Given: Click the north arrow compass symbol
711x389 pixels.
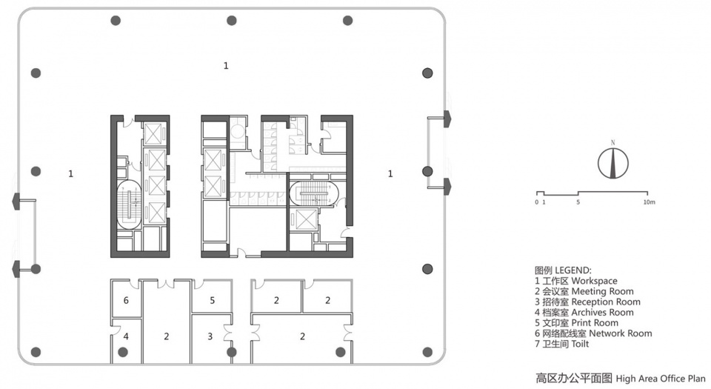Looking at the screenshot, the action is [x=612, y=163].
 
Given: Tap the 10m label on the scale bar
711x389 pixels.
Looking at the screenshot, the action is [x=649, y=202].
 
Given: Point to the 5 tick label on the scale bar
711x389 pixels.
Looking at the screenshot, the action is [x=578, y=202].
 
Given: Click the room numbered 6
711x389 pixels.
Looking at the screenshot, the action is [x=126, y=300].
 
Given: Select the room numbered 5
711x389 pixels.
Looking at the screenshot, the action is [x=212, y=300].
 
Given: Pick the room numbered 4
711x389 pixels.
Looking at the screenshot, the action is [x=126, y=336].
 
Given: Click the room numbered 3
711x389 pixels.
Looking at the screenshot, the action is [x=210, y=336].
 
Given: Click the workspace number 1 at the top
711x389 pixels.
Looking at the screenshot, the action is [x=226, y=66].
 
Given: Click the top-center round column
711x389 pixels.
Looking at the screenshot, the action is [x=232, y=21].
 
